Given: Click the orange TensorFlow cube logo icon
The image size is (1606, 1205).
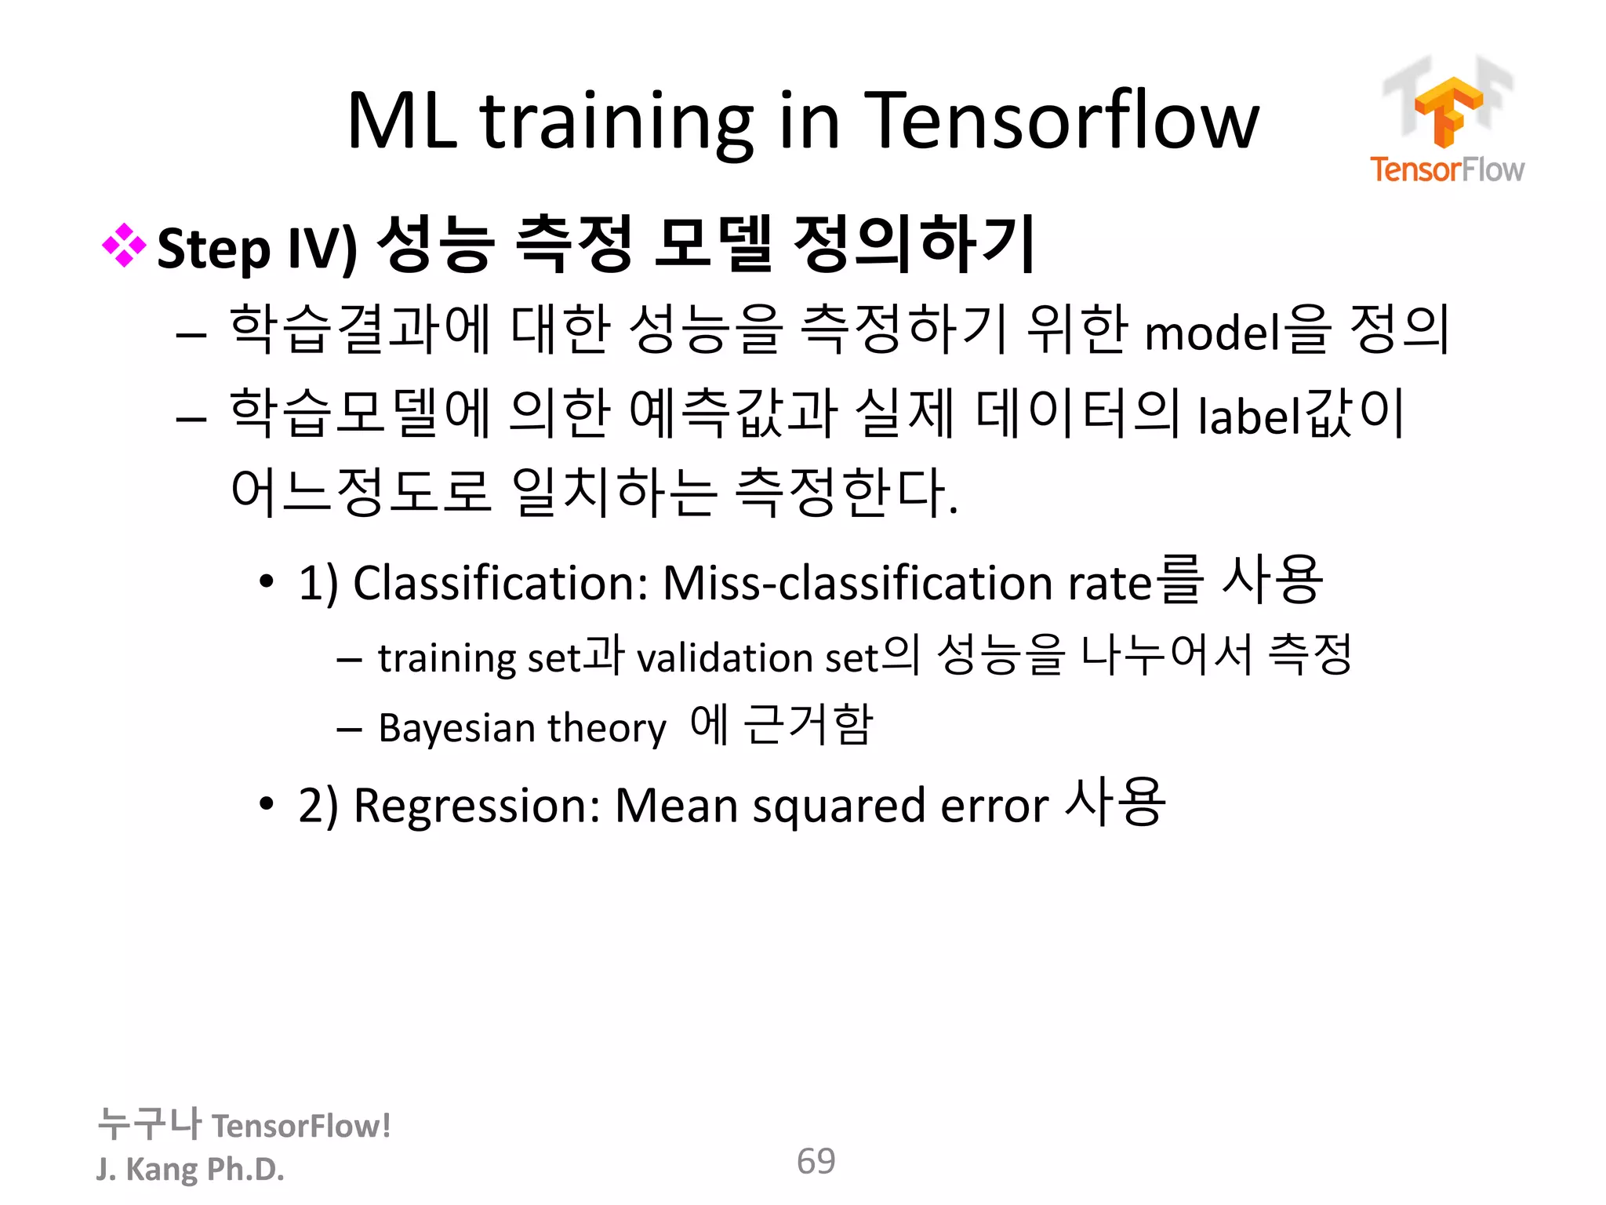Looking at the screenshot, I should coord(1448,110).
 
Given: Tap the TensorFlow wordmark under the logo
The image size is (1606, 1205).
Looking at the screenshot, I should coord(1447,169).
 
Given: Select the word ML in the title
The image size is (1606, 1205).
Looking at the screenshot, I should coord(401,122).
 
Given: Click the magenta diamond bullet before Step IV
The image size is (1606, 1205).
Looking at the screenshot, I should coord(124,246).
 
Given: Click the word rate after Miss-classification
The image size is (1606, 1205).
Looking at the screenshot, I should coord(1111,584).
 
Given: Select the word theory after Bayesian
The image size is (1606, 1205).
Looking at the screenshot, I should coord(606,728).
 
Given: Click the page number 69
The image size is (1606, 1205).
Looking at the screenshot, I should coord(816,1161).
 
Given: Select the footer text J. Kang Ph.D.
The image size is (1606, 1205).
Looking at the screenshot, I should coord(190,1169).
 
